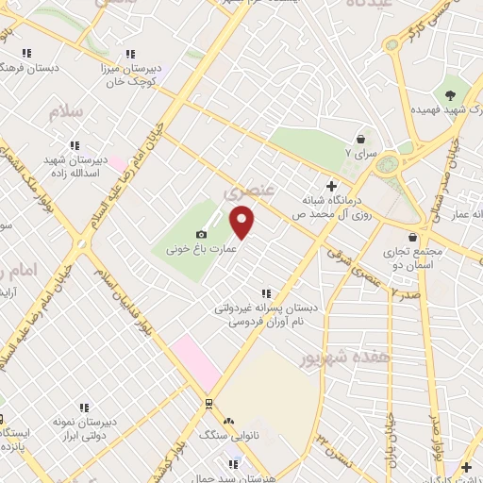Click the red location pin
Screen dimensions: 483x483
pos(242,222)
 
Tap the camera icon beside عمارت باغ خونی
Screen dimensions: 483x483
pos(201,234)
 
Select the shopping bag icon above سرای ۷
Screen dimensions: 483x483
pos(360,138)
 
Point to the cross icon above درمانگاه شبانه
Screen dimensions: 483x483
pos(329,185)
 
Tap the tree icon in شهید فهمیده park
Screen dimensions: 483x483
pos(450,94)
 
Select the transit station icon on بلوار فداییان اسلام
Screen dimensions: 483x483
pos(208,403)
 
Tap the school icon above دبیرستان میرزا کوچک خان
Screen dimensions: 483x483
pos(129,54)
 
